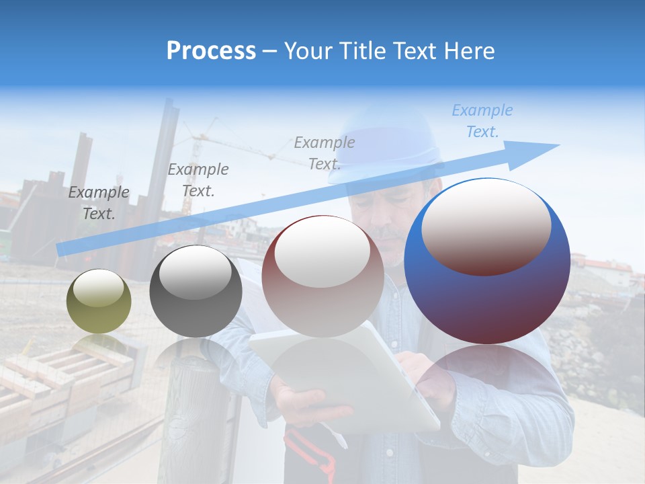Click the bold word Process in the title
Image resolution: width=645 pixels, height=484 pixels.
point(211,51)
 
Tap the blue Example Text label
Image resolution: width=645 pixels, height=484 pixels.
point(482,121)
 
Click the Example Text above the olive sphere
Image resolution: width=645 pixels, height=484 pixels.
point(99,203)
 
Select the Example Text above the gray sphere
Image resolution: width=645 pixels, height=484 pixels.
point(198,179)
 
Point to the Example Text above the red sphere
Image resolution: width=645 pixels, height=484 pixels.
point(325,153)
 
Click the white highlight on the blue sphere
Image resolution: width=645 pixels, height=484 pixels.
point(486,225)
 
